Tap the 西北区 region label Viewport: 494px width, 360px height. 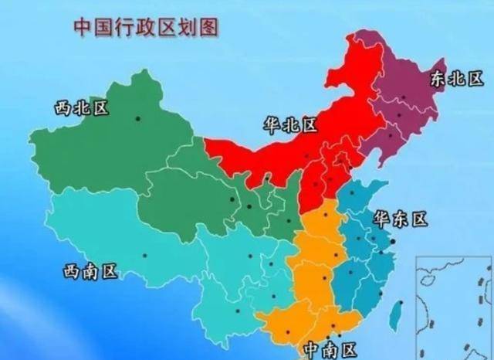click(x=81, y=107)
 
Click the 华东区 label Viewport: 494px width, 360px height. click(x=401, y=219)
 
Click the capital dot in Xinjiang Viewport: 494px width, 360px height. click(x=138, y=117)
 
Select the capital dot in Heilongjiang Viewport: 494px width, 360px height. click(x=400, y=115)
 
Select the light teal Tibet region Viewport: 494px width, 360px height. click(x=116, y=239)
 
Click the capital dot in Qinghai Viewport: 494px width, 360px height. click(x=233, y=202)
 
